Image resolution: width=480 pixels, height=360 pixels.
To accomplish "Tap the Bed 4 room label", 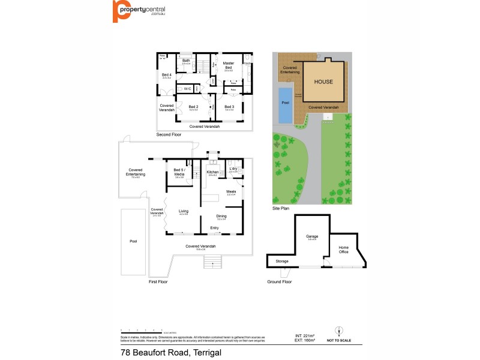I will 166,74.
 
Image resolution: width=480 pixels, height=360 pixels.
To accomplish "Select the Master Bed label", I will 228,65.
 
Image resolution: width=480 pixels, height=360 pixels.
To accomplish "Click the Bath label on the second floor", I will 187,60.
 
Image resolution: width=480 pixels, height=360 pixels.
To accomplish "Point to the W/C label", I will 187,89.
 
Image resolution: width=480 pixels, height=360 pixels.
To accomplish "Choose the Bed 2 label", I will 193,106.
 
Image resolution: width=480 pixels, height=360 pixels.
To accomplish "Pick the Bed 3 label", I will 229,106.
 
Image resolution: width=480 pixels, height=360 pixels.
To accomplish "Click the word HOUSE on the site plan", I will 323,81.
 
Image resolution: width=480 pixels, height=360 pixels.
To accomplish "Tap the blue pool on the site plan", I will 285,106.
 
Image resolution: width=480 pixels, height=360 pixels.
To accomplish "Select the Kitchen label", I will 212,172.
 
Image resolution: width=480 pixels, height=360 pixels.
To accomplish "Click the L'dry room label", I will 233,169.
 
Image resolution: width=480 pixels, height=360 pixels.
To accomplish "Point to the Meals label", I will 231,192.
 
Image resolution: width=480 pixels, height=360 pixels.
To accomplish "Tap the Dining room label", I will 221,217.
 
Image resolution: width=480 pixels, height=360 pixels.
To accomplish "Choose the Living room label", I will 184,211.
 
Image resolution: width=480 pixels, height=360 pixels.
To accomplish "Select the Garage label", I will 311,236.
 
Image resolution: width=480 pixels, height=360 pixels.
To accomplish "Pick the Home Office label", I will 344,250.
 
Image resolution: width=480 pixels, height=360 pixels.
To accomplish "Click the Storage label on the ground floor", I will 282,262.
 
